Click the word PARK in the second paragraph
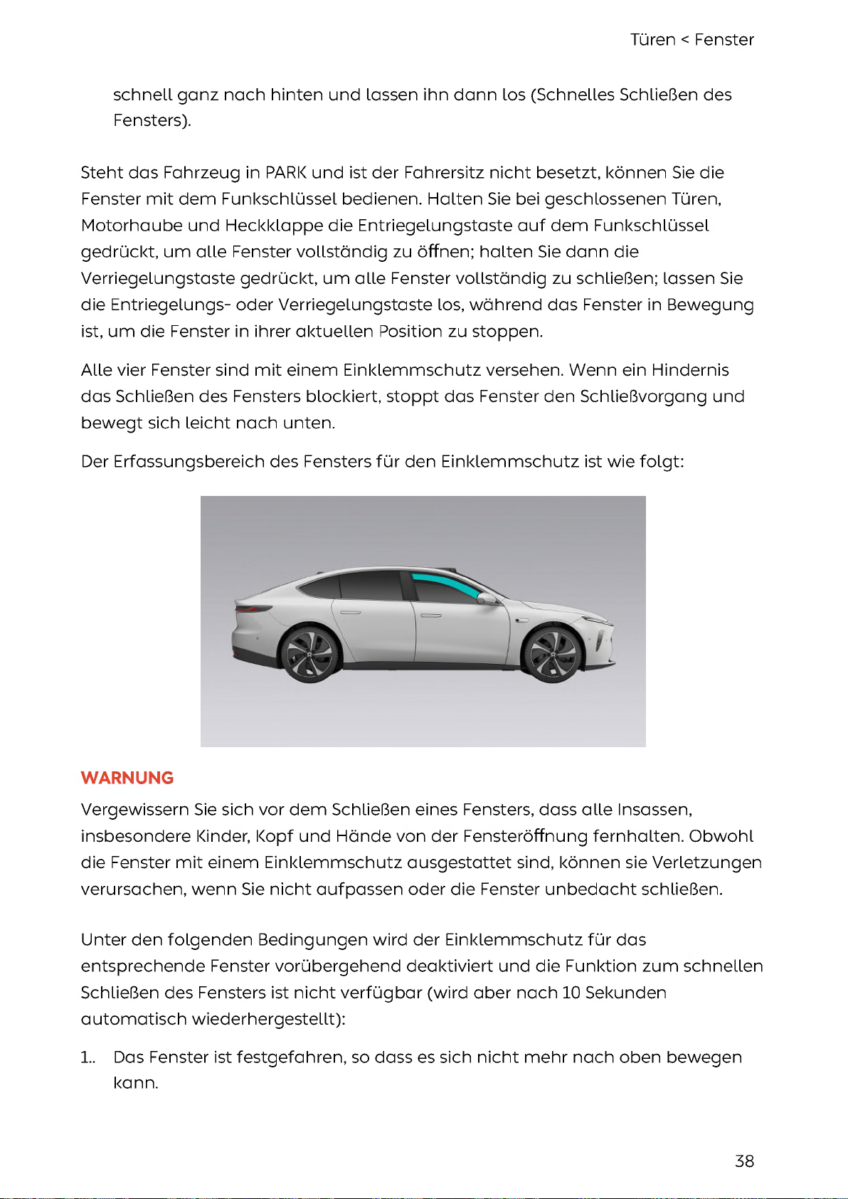tap(285, 173)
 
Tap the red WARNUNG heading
tap(127, 778)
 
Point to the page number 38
tap(744, 1161)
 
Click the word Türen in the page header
tap(652, 40)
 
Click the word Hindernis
tap(690, 370)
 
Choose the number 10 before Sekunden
tap(571, 993)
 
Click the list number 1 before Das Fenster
tap(86, 1057)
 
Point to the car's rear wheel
tap(309, 653)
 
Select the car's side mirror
tap(488, 599)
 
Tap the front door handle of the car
tap(430, 615)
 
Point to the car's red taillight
tap(253, 608)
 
